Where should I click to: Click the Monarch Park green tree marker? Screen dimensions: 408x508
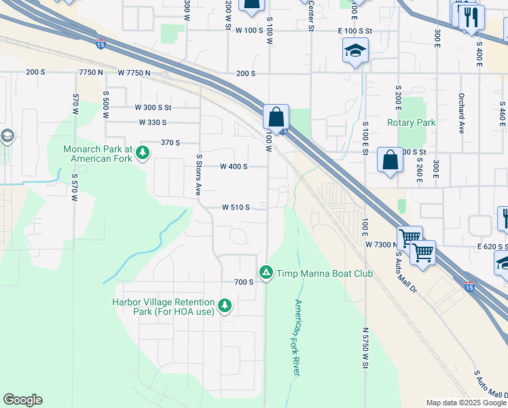(143, 152)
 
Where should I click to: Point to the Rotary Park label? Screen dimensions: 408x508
(411, 122)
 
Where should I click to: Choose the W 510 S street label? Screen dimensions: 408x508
(236, 207)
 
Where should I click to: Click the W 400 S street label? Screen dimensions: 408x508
(234, 167)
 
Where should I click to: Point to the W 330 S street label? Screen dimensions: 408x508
(152, 122)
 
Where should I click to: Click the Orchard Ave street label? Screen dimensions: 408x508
(461, 113)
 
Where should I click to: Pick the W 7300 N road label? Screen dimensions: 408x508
(380, 243)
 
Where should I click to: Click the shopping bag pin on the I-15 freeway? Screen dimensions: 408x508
(276, 117)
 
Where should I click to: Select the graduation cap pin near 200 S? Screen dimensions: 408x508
(355, 51)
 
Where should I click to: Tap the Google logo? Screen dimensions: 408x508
(22, 400)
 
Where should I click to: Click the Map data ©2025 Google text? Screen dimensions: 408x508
(466, 403)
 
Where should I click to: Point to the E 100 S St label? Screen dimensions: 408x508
(355, 31)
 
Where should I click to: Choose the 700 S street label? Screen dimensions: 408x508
(243, 282)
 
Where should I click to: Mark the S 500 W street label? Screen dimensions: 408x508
(105, 105)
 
